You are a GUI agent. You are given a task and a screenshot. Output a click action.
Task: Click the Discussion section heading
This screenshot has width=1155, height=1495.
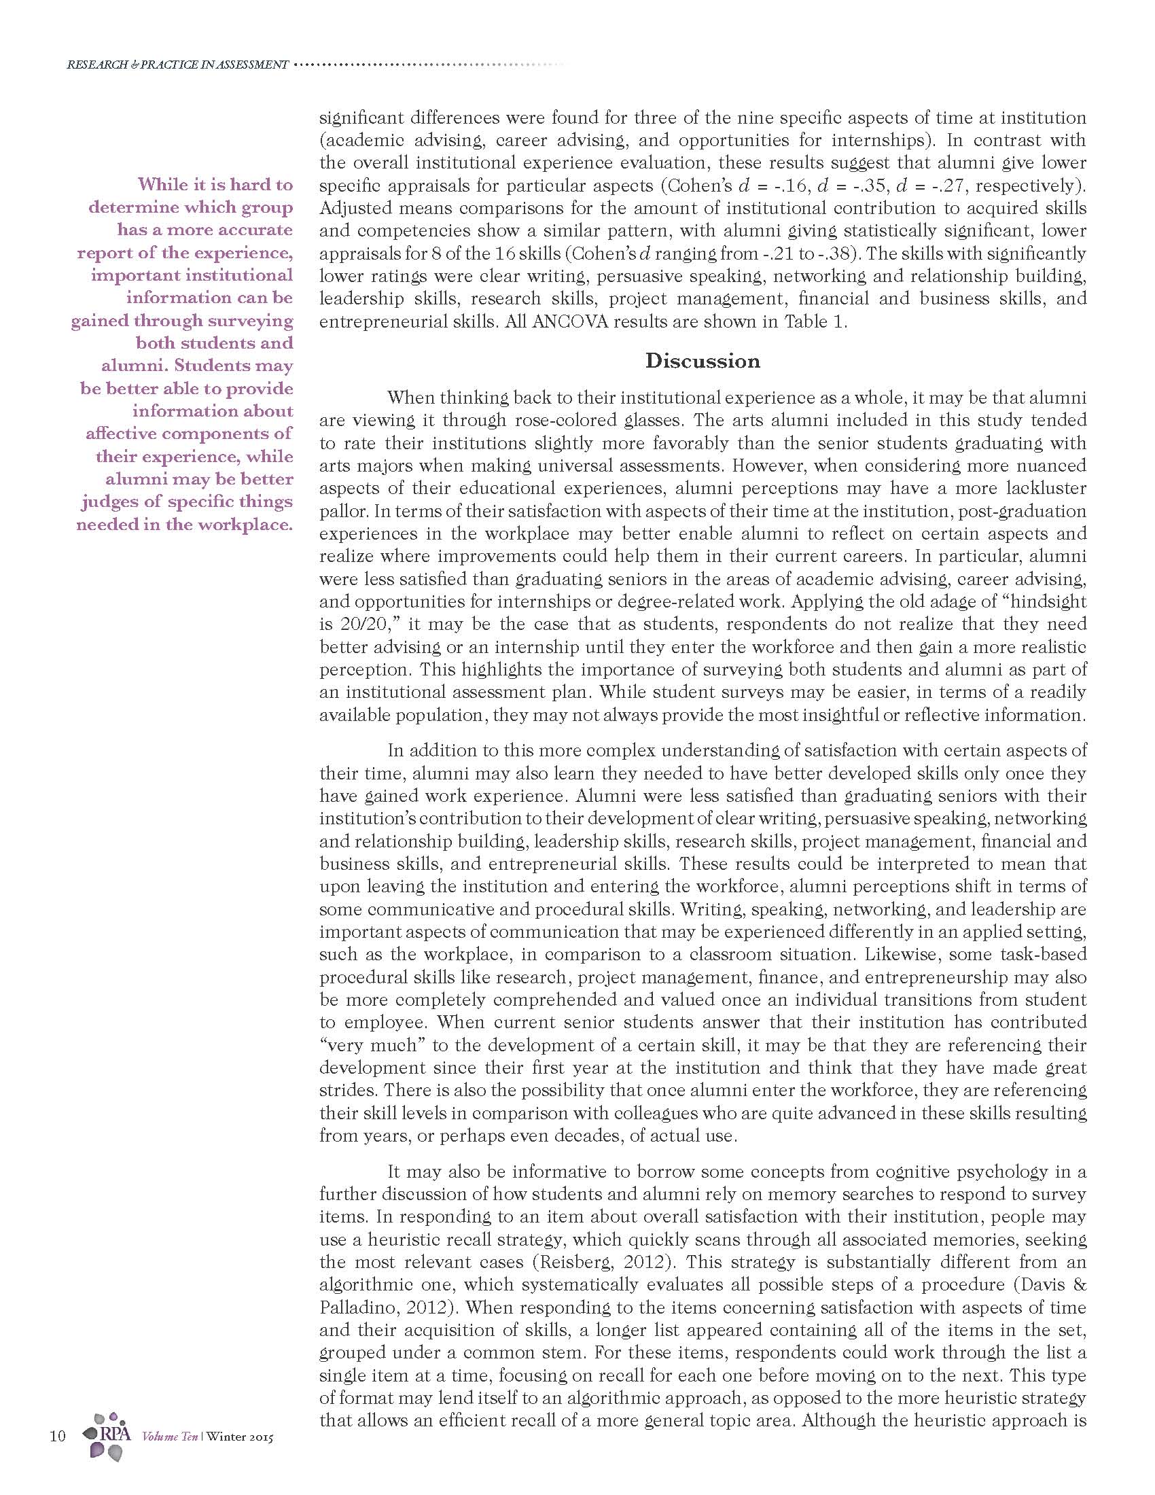point(702,362)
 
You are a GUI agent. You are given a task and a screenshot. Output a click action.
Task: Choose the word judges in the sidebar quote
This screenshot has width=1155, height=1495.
point(109,502)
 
